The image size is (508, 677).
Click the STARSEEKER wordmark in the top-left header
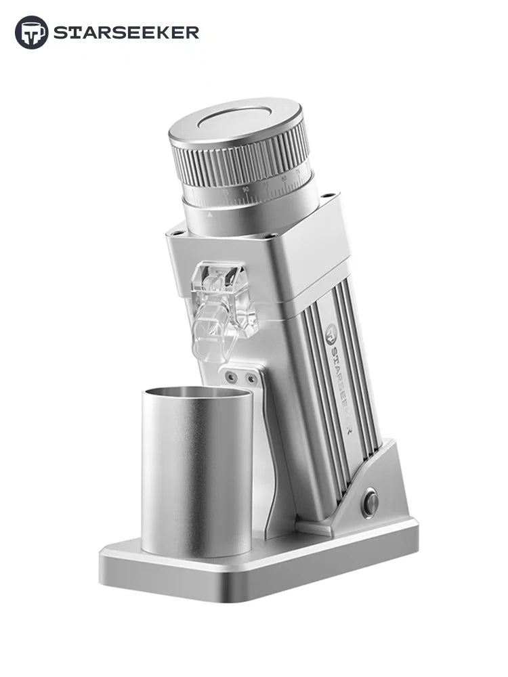pyautogui.click(x=126, y=32)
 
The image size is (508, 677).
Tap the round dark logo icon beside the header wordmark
pyautogui.click(x=32, y=32)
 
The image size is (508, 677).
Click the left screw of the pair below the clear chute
pyautogui.click(x=232, y=376)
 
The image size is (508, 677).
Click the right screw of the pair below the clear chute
pyautogui.click(x=251, y=379)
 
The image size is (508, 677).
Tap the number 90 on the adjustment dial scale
pyautogui.click(x=245, y=190)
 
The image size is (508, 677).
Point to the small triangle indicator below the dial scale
pyautogui.click(x=211, y=213)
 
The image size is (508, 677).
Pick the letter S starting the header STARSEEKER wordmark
pyautogui.click(x=60, y=32)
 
